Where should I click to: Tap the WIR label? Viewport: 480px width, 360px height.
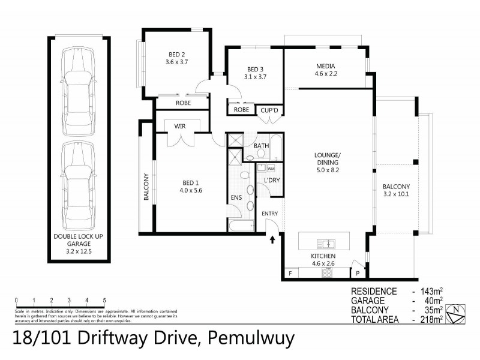point(179,127)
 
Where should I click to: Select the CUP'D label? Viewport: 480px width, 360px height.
point(268,110)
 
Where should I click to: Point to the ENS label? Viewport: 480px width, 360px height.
point(236,197)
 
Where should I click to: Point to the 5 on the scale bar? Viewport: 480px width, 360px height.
point(104,300)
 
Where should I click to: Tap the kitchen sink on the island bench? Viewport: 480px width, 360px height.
point(327,244)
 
